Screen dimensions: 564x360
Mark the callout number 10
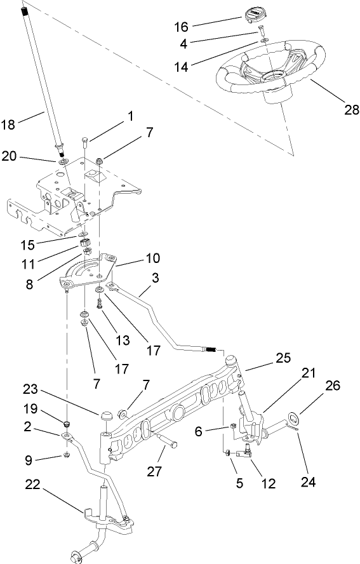(x=152, y=258)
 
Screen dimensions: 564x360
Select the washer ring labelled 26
(x=294, y=417)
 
